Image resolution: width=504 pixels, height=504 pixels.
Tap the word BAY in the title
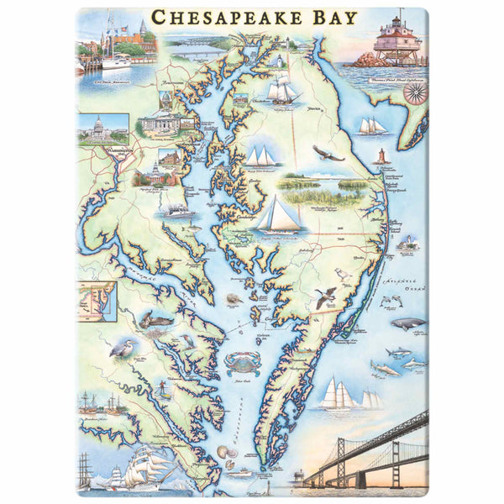[x=330, y=18]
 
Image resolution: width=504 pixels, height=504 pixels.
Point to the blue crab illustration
[x=242, y=362]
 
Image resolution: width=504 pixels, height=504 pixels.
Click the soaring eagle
[x=328, y=153]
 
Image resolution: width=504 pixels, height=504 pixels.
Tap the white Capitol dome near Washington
[x=102, y=126]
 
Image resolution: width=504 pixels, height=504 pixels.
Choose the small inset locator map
[x=97, y=301]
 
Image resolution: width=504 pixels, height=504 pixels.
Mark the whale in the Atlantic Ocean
[x=407, y=323]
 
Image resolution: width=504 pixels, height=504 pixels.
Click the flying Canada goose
[x=327, y=295]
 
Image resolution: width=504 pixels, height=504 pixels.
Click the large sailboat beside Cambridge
[x=280, y=215]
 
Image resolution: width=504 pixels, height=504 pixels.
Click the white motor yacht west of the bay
[x=179, y=210]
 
